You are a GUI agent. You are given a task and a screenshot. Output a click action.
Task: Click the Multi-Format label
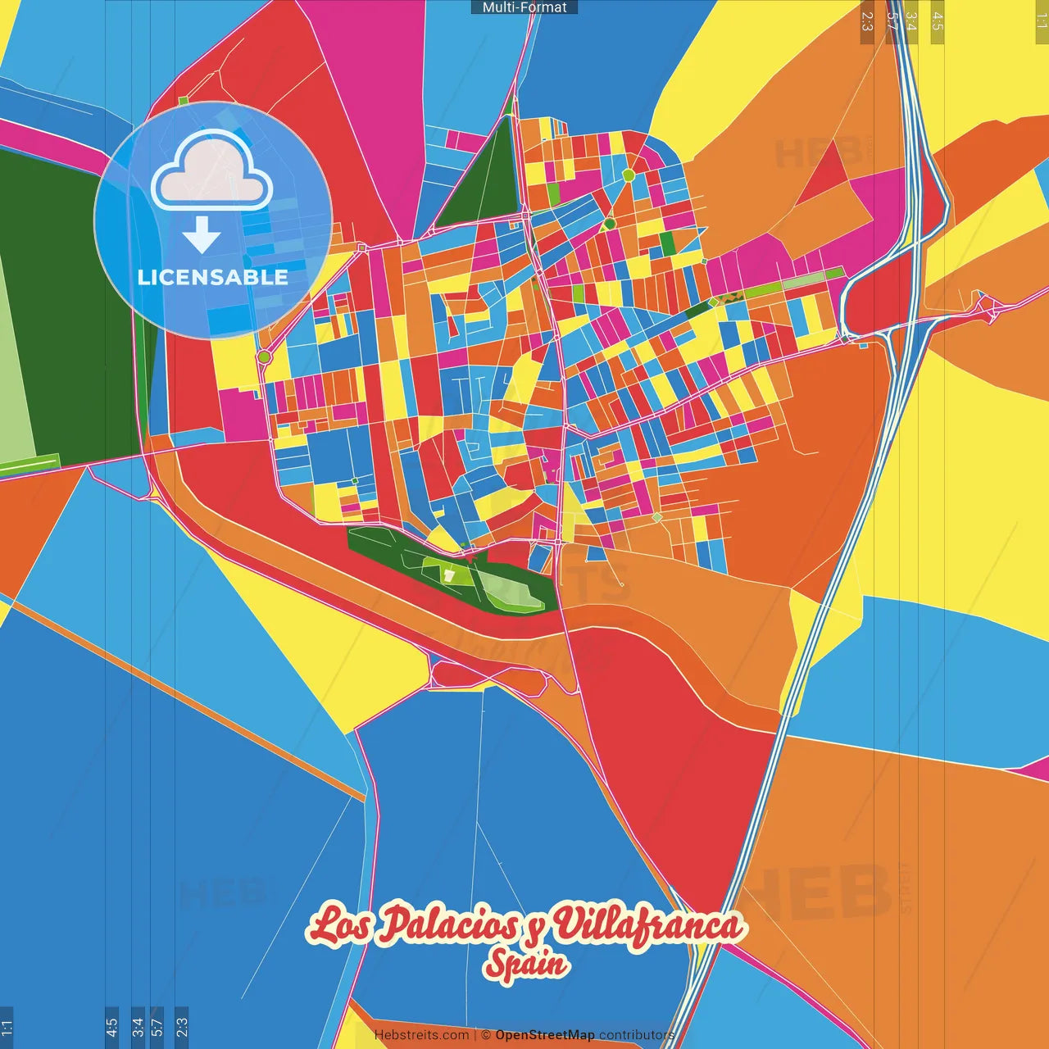524,7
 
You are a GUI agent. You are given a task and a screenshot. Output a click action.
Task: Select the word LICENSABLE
213,277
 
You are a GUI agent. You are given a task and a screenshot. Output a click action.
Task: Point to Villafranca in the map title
647,925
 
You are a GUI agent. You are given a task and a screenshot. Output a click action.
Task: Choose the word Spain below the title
525,964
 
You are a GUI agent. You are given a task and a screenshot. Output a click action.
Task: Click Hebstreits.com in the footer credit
421,1035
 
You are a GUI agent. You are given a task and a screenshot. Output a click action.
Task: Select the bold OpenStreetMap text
545,1035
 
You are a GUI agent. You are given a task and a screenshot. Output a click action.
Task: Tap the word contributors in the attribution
636,1035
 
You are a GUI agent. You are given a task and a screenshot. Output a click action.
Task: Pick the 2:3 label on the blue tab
182,1027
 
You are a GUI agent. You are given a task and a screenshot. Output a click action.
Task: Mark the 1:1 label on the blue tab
7,1027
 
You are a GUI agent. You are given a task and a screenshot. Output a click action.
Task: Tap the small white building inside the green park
448,575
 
